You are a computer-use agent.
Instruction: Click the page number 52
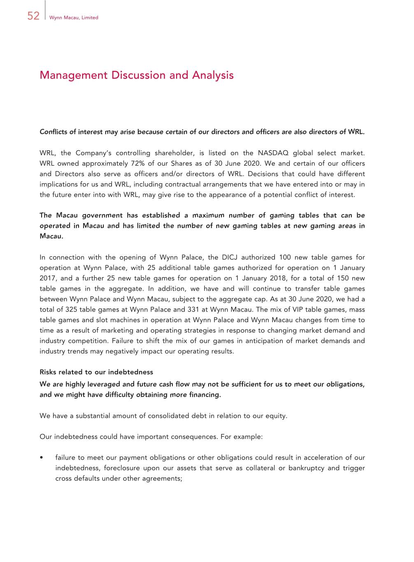pos(33,16)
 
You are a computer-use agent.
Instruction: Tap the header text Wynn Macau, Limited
pos(74,18)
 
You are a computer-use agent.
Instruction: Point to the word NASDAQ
pos(273,153)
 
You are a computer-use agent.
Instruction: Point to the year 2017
pos(48,278)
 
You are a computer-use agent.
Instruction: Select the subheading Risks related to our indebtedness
pos(96,372)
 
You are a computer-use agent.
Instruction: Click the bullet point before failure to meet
pos(42,458)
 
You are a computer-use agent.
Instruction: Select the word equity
pos(276,416)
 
